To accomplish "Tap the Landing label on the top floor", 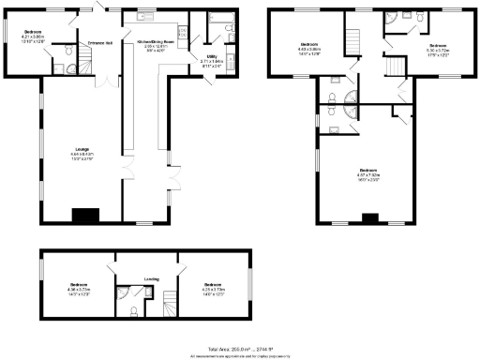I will (151, 277).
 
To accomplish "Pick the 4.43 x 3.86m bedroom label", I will (310, 48).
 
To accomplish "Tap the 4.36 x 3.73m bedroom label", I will (78, 288).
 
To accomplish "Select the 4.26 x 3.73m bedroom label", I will (213, 288).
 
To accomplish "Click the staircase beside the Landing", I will (170, 303).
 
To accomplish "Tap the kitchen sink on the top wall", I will (146, 16).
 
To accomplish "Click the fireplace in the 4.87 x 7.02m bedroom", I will (369, 219).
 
